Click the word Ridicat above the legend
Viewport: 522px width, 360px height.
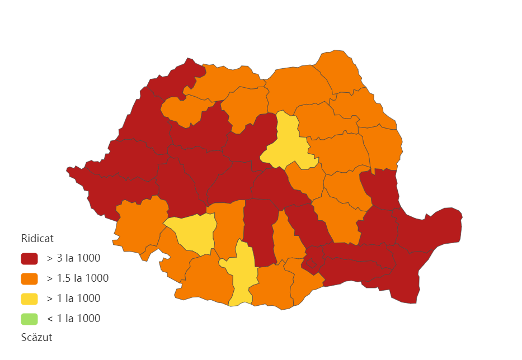[x=37, y=238]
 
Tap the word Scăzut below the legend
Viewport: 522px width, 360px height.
[x=36, y=337]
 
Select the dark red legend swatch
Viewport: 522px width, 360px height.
[x=29, y=258]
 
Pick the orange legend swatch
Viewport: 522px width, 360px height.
[x=29, y=278]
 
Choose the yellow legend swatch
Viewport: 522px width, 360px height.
[x=29, y=299]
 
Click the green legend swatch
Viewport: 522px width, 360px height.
[x=29, y=319]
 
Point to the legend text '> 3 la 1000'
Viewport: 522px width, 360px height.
[x=73, y=258]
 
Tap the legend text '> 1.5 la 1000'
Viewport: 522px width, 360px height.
[x=77, y=278]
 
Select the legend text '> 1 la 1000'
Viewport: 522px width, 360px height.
[x=73, y=299]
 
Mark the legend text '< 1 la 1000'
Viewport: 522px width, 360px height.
[x=73, y=319]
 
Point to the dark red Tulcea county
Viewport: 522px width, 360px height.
[x=431, y=229]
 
